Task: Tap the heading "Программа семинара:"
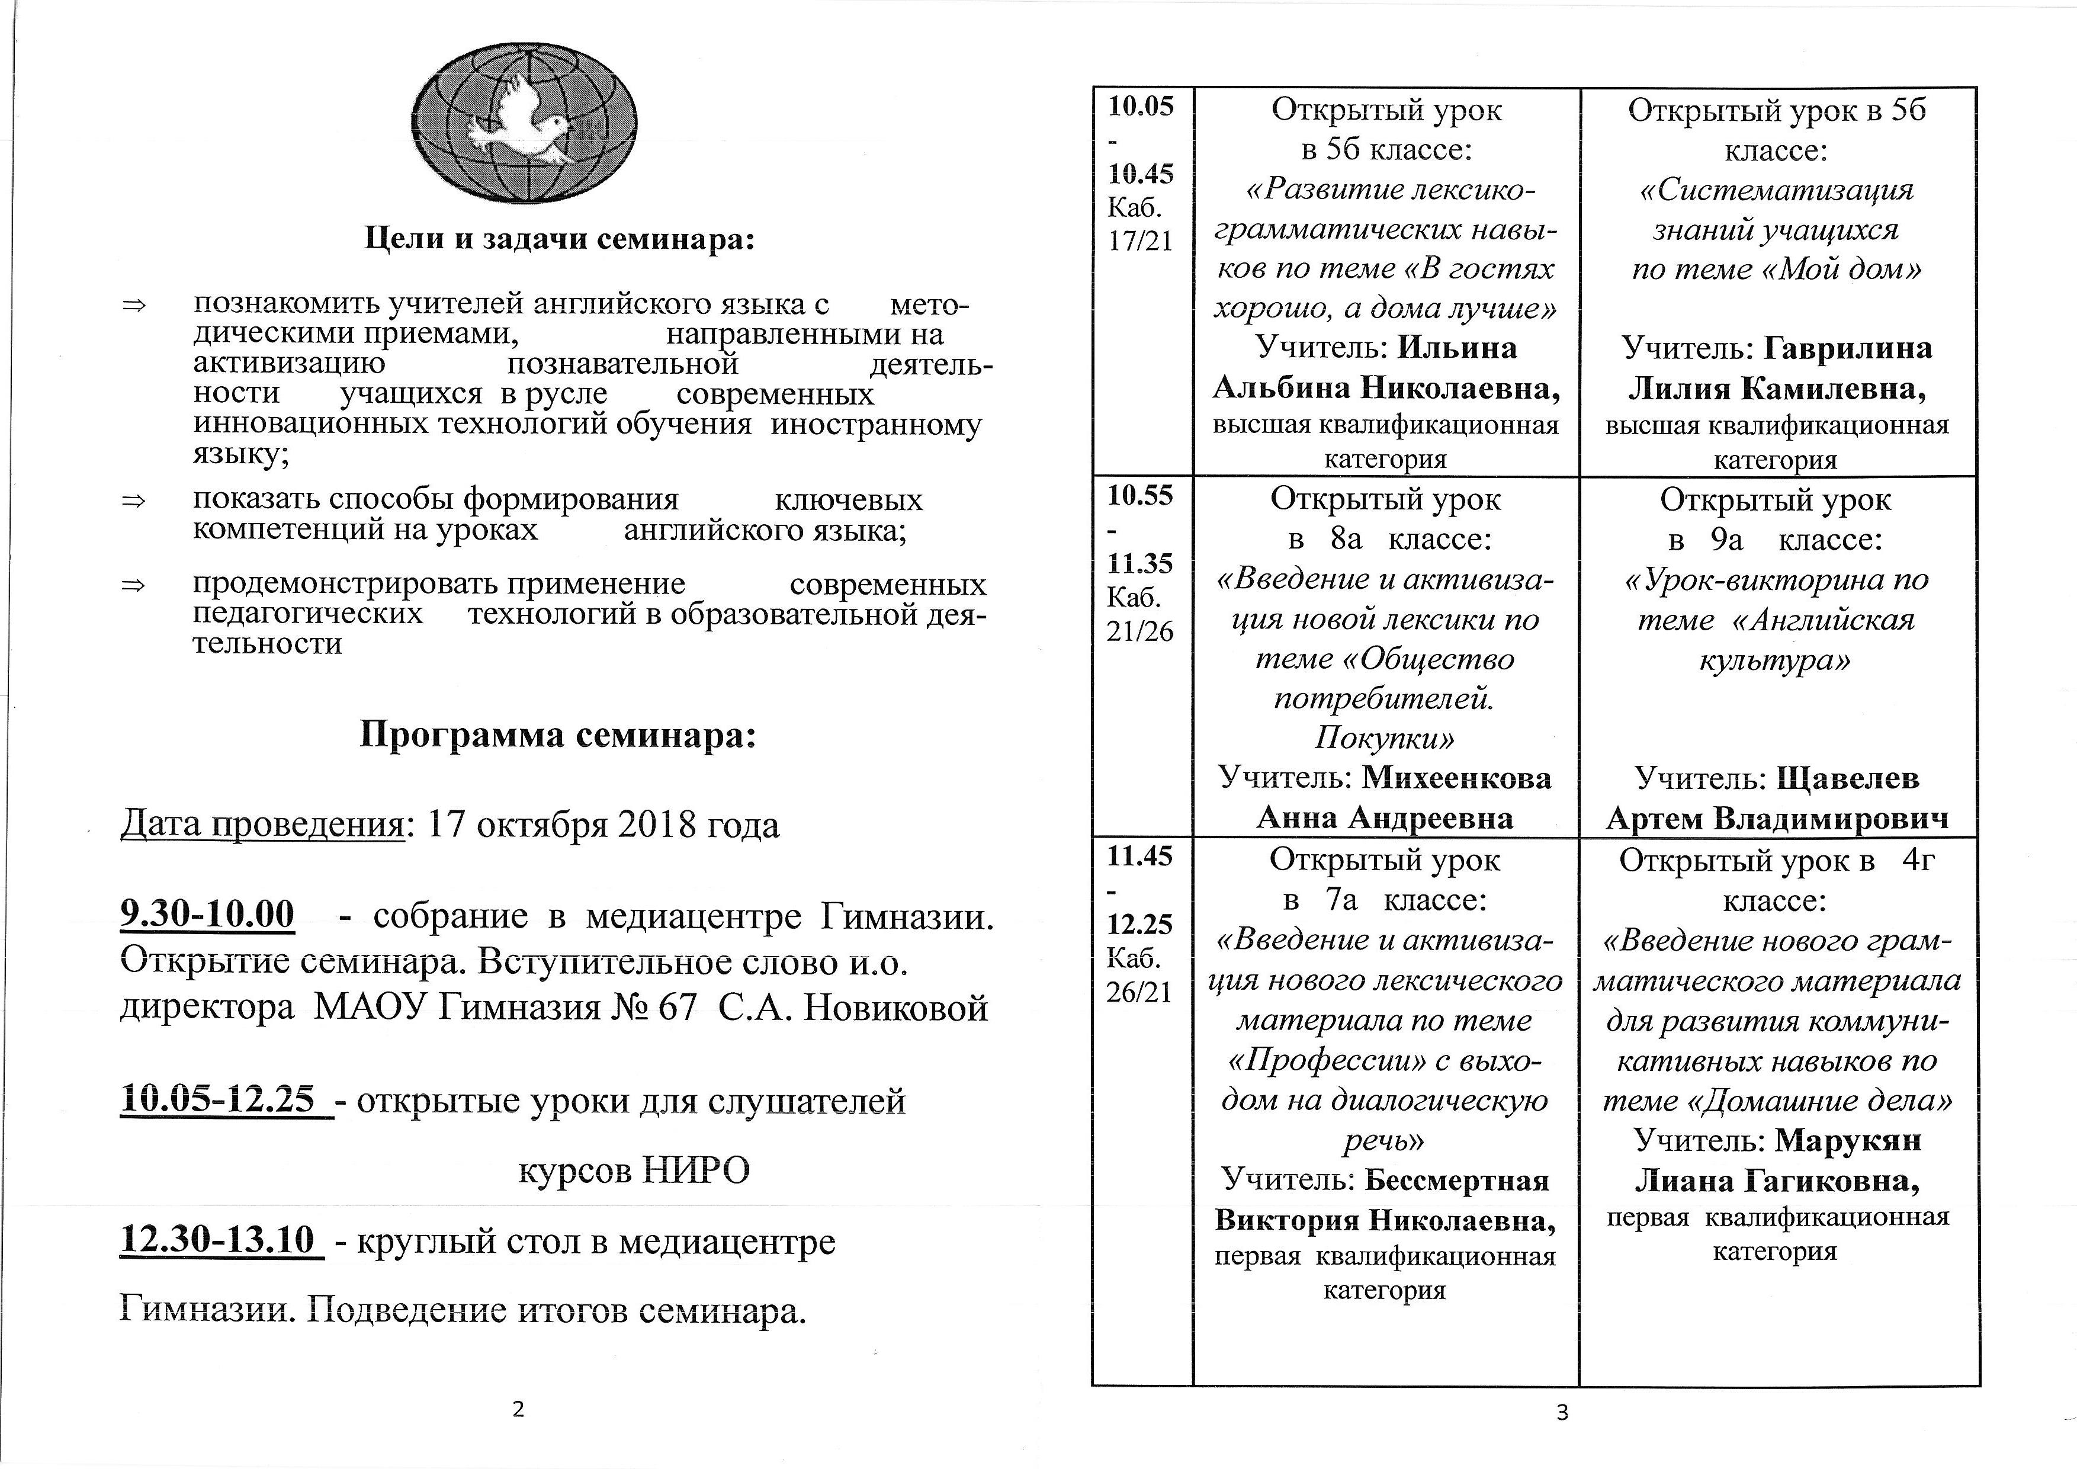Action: pyautogui.click(x=557, y=734)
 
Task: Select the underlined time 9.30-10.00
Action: pyautogui.click(x=207, y=915)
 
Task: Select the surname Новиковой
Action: pyautogui.click(x=895, y=1007)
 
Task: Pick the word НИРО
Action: pyautogui.click(x=696, y=1170)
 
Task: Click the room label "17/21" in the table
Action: pyautogui.click(x=1139, y=242)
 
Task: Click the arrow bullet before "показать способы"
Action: pyautogui.click(x=134, y=500)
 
